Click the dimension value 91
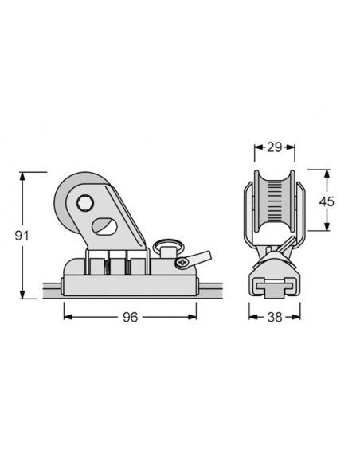(x=22, y=236)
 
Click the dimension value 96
(x=130, y=318)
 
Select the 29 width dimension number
(x=274, y=147)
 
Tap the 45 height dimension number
(x=327, y=201)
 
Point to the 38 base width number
(x=275, y=318)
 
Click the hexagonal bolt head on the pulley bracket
(x=85, y=203)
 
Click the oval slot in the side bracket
(x=104, y=226)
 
